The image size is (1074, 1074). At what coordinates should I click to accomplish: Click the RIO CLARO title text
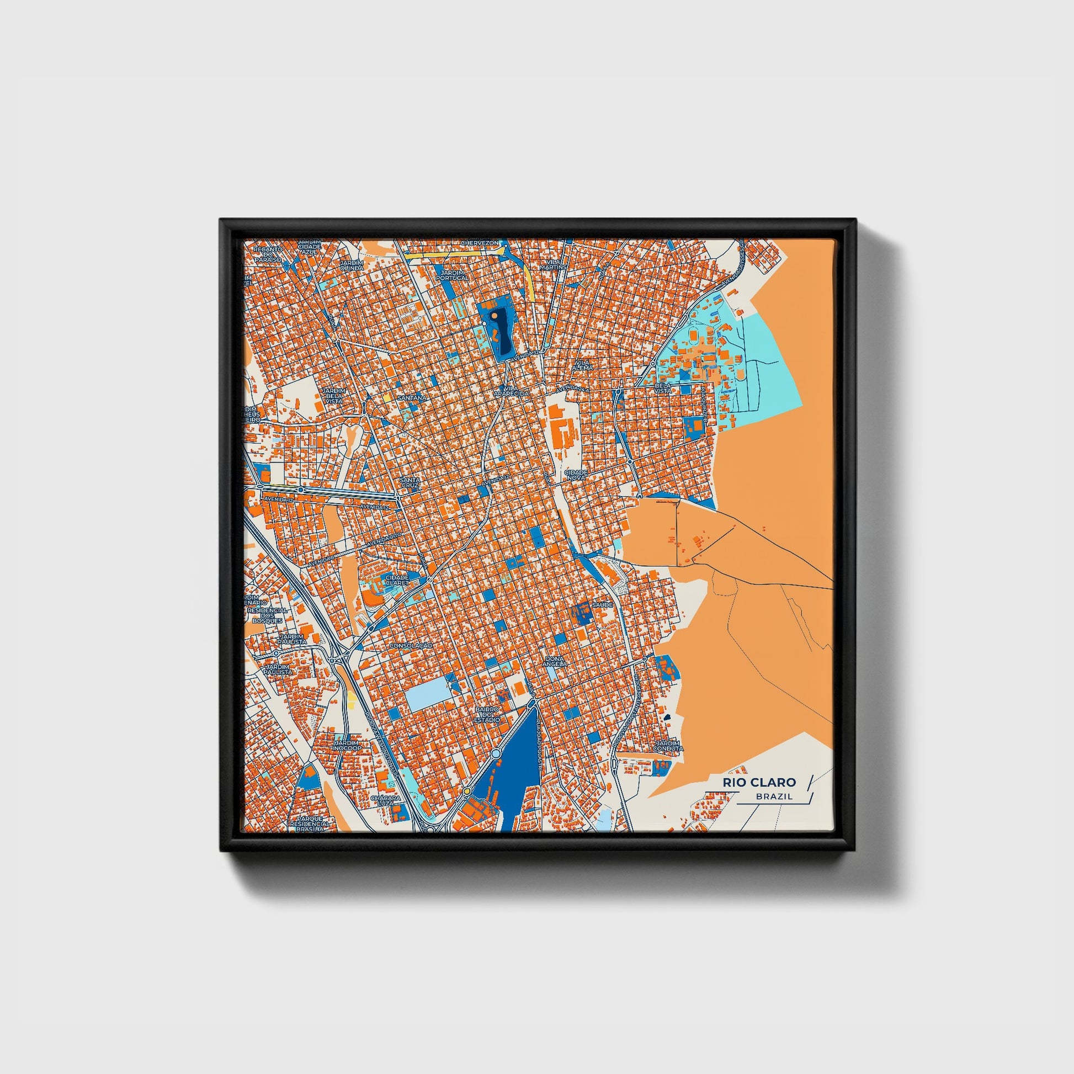pos(759,782)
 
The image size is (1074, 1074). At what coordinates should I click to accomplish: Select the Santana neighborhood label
pos(412,398)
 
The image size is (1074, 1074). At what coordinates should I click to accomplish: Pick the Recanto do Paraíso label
pos(267,253)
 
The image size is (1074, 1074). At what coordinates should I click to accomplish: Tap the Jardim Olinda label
pos(352,264)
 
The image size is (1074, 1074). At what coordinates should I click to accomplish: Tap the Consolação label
pos(411,645)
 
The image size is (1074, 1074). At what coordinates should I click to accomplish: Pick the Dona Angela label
pos(556,661)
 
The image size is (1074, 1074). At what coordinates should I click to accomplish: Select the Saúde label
pos(603,604)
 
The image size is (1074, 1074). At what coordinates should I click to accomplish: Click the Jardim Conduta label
pos(668,746)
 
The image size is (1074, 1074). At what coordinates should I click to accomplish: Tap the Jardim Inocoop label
pos(348,746)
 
